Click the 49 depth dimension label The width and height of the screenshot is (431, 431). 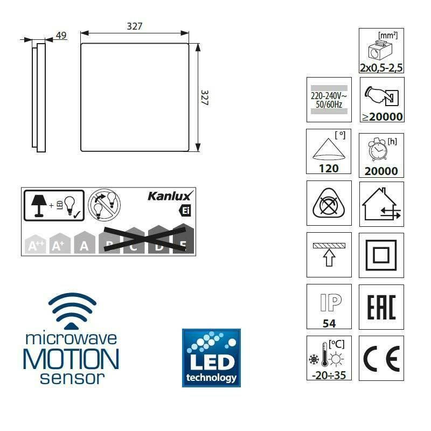tap(61, 35)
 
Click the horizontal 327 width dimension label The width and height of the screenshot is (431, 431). tap(134, 26)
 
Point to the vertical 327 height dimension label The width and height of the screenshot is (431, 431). tap(205, 98)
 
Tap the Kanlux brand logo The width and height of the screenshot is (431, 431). tap(170, 196)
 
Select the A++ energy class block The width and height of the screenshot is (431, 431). tap(35, 244)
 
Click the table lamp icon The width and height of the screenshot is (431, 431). tap(38, 206)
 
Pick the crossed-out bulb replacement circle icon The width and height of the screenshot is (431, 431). tap(104, 205)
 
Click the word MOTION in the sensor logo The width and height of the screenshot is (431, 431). tap(71, 359)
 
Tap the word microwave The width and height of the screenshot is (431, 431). tap(71, 338)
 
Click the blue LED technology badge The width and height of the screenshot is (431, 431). tap(211, 358)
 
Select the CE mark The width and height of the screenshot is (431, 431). tap(381, 358)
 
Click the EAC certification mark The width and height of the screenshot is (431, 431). tap(381, 307)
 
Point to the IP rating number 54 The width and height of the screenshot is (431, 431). tap(329, 323)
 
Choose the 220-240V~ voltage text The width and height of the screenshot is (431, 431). tap(329, 96)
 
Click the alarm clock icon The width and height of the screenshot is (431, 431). tap(378, 149)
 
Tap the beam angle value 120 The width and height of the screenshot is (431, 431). tap(329, 169)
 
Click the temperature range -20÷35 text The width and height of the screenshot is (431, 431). tap(329, 375)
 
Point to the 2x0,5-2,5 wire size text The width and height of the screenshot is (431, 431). tap(381, 68)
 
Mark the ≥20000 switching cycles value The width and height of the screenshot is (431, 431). tap(383, 117)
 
